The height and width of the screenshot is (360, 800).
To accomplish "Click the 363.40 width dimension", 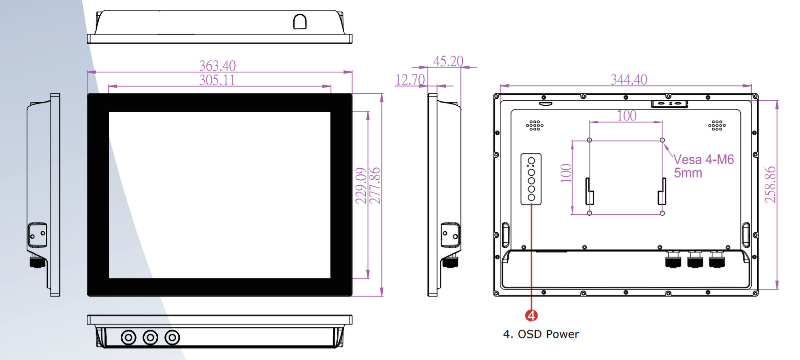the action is pyautogui.click(x=217, y=66).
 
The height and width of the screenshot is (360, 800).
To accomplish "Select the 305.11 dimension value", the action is pyautogui.click(x=217, y=80).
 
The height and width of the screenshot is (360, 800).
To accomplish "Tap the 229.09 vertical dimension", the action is pyautogui.click(x=361, y=185).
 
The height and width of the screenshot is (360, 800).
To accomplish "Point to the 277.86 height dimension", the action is pyautogui.click(x=375, y=185).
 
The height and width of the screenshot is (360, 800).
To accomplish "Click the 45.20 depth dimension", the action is pyautogui.click(x=448, y=61).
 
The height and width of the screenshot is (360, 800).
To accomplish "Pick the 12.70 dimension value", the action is pyautogui.click(x=410, y=80).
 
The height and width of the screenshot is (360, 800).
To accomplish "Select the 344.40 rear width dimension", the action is pyautogui.click(x=629, y=80).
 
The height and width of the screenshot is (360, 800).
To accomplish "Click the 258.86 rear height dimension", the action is pyautogui.click(x=770, y=184).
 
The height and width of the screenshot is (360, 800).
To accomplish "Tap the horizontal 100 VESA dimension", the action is pyautogui.click(x=627, y=115).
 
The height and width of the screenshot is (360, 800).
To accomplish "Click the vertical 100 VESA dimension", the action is pyautogui.click(x=566, y=173).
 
